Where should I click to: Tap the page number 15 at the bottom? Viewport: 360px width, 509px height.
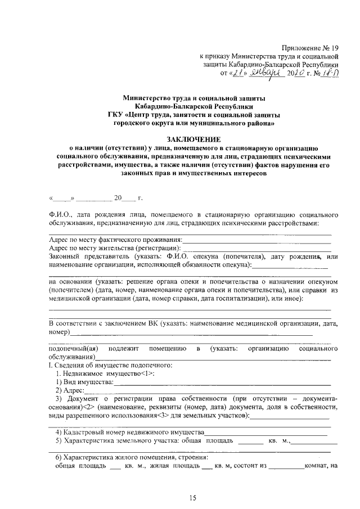coord(193,498)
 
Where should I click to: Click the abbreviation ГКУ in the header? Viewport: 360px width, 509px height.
coord(117,115)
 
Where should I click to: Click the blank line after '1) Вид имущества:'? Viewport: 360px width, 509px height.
coord(222,382)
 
